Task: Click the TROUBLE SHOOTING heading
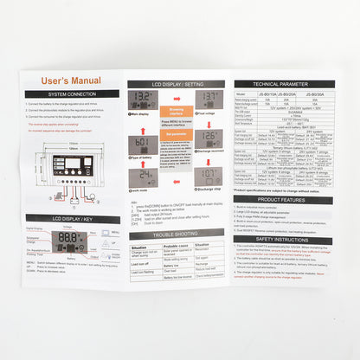(x=176, y=235)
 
